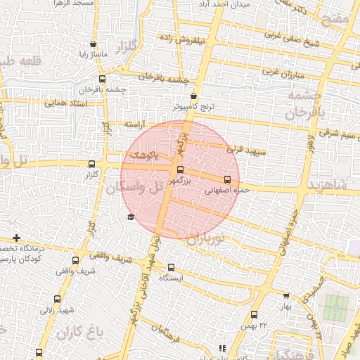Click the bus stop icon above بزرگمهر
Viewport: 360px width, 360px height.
pyautogui.click(x=180, y=169)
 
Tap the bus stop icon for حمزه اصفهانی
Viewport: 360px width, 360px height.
pyautogui.click(x=226, y=179)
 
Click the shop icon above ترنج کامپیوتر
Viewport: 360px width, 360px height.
pyautogui.click(x=194, y=96)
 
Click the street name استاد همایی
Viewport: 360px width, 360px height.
pyautogui.click(x=65, y=103)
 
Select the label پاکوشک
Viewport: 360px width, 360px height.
pyautogui.click(x=143, y=155)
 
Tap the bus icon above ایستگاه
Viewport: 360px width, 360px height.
pyautogui.click(x=171, y=267)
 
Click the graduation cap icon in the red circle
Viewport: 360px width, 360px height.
pyautogui.click(x=130, y=217)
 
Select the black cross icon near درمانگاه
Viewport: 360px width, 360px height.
pyautogui.click(x=17, y=238)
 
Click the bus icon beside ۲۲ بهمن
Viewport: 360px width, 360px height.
pyautogui.click(x=253, y=315)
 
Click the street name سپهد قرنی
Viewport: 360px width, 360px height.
pyautogui.click(x=246, y=150)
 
